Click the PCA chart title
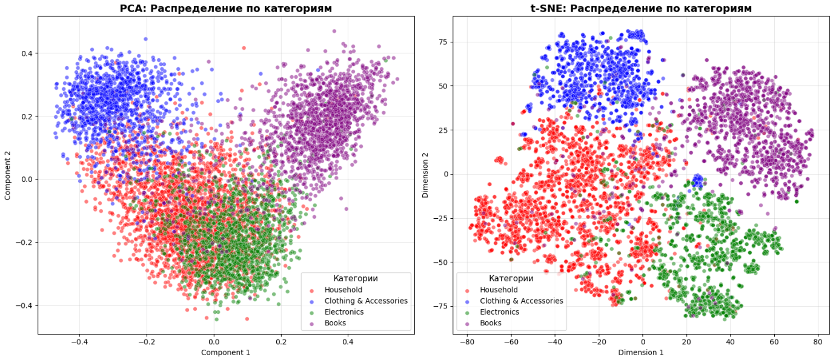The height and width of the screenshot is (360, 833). tap(226, 8)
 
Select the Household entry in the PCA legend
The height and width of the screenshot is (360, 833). tap(343, 290)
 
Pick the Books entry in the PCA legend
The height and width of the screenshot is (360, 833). tap(335, 323)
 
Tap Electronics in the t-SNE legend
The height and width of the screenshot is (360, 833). tap(499, 312)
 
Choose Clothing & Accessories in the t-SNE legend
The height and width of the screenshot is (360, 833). tap(521, 301)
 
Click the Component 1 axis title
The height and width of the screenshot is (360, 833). tap(225, 352)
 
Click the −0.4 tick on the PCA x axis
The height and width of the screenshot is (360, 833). tap(79, 342)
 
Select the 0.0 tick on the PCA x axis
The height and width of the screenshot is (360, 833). tap(213, 342)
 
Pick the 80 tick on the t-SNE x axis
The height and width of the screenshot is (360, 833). tap(817, 342)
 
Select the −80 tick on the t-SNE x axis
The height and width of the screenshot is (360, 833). tap(466, 342)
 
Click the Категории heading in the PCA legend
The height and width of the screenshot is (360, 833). tap(355, 278)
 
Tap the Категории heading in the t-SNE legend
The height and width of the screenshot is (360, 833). tap(511, 278)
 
